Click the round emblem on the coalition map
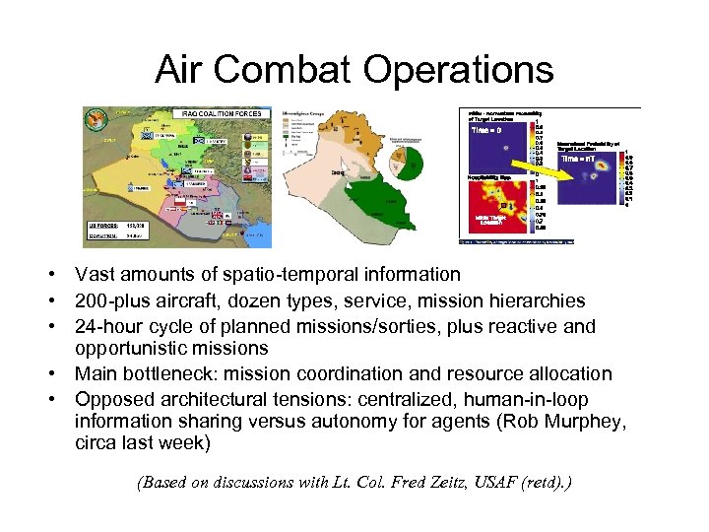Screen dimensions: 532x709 click(x=96, y=119)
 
